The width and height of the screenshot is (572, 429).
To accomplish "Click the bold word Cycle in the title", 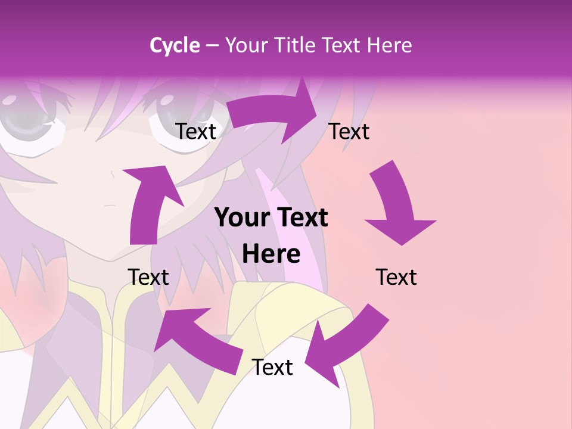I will pos(175,45).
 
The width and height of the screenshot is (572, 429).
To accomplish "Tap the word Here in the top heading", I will pos(389,45).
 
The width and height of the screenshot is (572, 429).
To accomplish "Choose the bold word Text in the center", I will pos(300,218).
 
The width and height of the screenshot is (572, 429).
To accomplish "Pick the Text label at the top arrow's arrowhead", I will pos(349,131).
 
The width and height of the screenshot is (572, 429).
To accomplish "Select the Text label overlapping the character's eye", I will pos(196,131).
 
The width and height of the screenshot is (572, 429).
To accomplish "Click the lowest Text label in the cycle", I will pos(272,367).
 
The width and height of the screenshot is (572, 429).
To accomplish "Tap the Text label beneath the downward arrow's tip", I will pos(396,277).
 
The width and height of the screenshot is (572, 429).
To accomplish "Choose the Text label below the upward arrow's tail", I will pos(148,277).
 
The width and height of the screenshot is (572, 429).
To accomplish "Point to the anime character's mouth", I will pos(111,206).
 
